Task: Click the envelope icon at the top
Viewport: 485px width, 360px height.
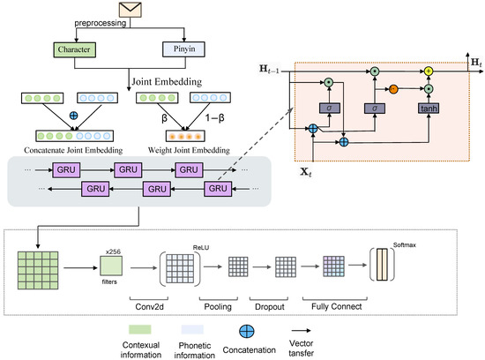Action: click(131, 10)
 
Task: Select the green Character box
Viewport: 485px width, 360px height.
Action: click(75, 49)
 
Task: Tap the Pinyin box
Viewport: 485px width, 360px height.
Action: click(183, 49)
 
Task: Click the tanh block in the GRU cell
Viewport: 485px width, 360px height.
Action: click(429, 109)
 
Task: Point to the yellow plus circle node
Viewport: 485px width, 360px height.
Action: click(428, 71)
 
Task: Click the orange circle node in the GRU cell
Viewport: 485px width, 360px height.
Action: click(393, 89)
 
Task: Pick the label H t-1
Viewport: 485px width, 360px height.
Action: click(269, 69)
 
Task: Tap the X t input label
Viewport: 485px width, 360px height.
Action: click(306, 172)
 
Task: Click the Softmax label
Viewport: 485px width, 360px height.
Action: click(404, 244)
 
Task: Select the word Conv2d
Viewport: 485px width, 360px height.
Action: click(149, 307)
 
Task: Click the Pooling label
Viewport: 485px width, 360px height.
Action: click(218, 307)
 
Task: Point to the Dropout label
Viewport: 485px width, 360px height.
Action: click(270, 307)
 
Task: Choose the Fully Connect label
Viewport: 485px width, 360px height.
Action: click(337, 306)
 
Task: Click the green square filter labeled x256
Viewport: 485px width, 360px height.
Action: click(111, 266)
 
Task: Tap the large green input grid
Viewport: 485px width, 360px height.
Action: click(38, 270)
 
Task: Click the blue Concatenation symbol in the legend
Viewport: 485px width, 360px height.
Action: click(247, 331)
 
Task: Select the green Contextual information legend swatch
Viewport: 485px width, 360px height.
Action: click(140, 329)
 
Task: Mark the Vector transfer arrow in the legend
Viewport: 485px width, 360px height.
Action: click(301, 331)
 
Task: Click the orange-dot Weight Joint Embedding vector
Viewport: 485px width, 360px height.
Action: click(185, 136)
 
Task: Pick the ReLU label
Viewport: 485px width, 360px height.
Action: click(201, 248)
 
